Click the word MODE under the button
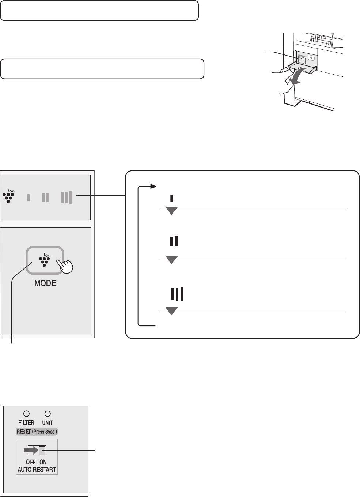(45, 283)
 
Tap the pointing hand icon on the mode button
(65, 266)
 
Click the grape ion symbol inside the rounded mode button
(45, 260)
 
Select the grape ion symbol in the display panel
(9, 196)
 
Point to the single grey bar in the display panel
(29, 197)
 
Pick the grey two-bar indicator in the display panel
(46, 197)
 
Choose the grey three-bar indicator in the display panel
(67, 197)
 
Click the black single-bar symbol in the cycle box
(171, 198)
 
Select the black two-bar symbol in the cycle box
(174, 241)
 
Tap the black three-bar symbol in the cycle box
(177, 294)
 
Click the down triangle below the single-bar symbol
(171, 211)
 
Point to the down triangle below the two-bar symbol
(171, 260)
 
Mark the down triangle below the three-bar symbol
(171, 311)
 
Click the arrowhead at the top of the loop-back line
(154, 186)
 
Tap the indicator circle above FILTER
(26, 414)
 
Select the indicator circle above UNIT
(48, 414)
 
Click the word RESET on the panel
(24, 432)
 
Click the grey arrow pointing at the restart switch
(31, 450)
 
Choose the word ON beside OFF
(43, 462)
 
